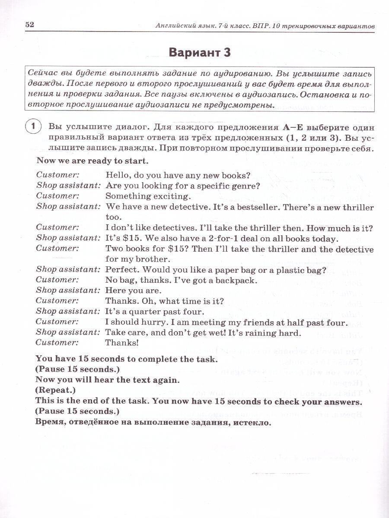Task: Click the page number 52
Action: (30, 25)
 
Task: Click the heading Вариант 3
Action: (199, 53)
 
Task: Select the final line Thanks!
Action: (122, 343)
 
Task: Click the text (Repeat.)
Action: (55, 390)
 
